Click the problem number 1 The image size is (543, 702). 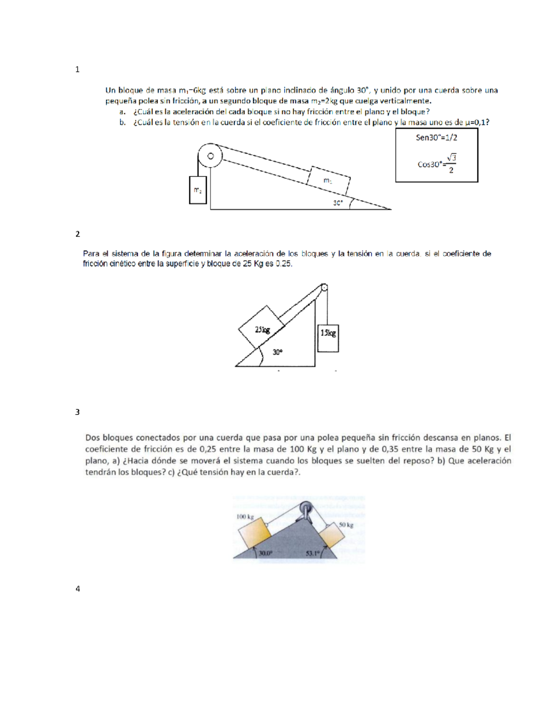click(x=77, y=69)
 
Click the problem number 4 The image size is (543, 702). click(x=77, y=589)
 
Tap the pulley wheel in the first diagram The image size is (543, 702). click(x=210, y=156)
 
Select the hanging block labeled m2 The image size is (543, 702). click(x=198, y=190)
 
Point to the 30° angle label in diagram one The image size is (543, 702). click(x=338, y=203)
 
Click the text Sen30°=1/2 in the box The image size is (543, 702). click(x=436, y=137)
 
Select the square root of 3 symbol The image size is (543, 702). click(x=451, y=157)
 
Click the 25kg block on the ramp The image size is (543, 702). click(x=262, y=330)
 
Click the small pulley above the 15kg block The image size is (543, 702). click(x=324, y=287)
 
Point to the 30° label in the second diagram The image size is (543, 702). click(x=277, y=352)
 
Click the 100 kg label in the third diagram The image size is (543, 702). click(x=245, y=516)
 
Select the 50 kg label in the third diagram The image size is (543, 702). click(x=346, y=525)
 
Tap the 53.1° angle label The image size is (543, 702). click(x=312, y=553)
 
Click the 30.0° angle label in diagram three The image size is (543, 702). click(x=266, y=552)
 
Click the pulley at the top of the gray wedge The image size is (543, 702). click(x=306, y=508)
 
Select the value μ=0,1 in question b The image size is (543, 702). click(x=475, y=122)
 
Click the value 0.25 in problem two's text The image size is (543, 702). click(x=283, y=264)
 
